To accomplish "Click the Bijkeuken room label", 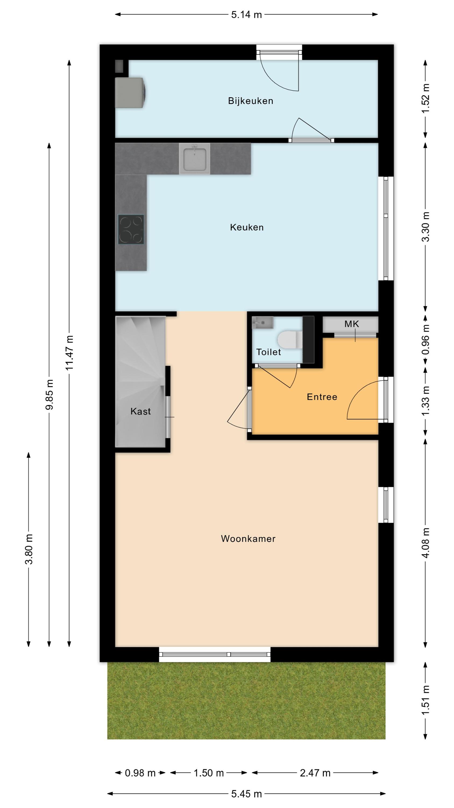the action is click(250, 101).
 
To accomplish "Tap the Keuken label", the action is click(247, 227).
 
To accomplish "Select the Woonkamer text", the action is click(248, 539).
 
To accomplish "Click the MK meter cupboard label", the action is click(352, 324).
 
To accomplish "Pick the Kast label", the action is click(141, 411).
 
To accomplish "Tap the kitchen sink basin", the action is click(194, 158).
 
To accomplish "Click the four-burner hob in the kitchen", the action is click(131, 229).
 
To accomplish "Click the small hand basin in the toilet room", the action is click(263, 322).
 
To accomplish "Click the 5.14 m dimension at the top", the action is click(247, 15).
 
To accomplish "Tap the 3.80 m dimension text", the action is click(29, 549).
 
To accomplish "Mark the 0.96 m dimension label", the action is click(425, 341).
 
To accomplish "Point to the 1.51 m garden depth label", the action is click(425, 701).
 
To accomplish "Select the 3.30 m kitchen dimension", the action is click(425, 227).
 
